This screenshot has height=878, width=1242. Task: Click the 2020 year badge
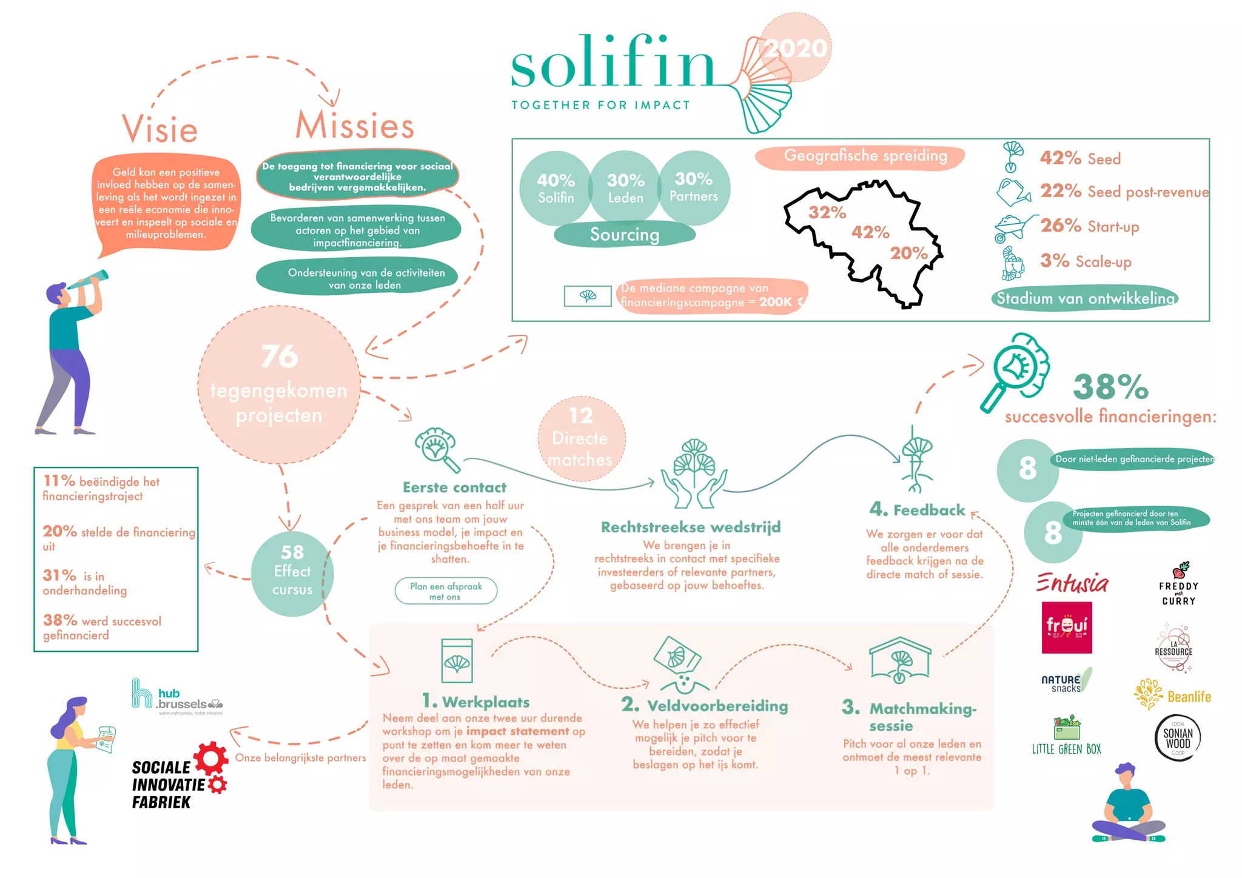click(x=795, y=49)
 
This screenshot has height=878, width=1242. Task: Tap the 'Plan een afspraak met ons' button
click(x=446, y=591)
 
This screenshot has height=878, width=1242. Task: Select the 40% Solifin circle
click(x=556, y=188)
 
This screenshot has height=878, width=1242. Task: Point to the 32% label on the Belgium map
click(x=827, y=213)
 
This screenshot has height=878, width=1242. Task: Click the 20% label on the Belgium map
click(x=908, y=253)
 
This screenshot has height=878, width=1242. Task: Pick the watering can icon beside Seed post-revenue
click(x=1012, y=193)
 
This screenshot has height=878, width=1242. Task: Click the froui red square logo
click(x=1067, y=628)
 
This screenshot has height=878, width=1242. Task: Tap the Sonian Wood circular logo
click(x=1178, y=738)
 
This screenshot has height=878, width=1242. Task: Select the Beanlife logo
click(x=1172, y=695)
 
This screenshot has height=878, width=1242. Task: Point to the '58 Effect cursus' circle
click(x=292, y=574)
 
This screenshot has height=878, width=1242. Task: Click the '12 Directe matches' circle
click(x=580, y=438)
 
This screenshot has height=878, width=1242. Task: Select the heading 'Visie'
click(x=160, y=129)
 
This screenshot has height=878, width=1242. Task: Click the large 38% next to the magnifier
click(x=1110, y=387)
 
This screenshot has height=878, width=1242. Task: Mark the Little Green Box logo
click(x=1067, y=736)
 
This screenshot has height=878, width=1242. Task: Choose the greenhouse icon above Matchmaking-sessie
click(x=900, y=660)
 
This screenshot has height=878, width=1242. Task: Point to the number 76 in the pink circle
click(x=280, y=356)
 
